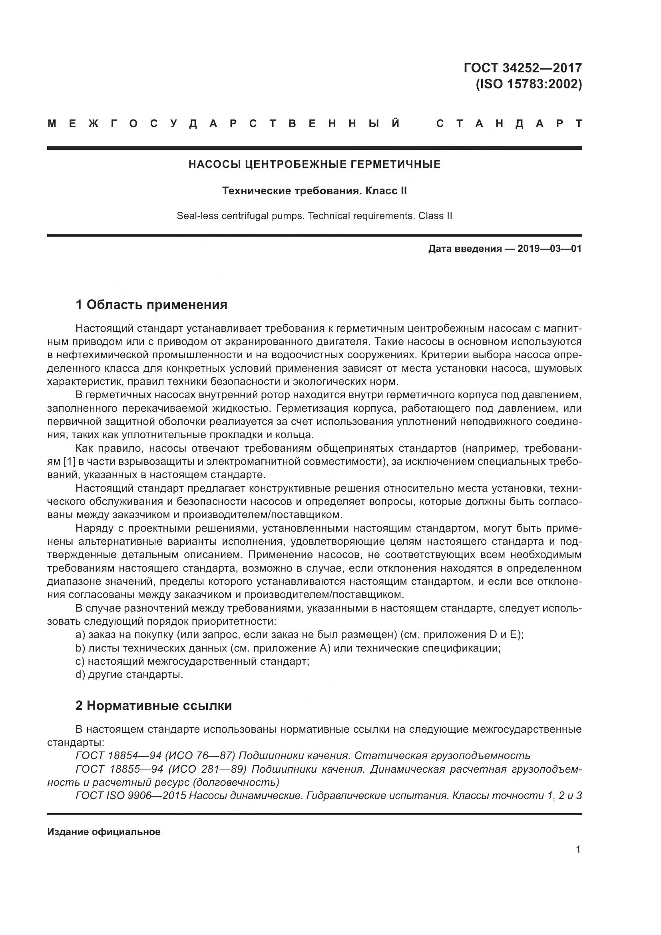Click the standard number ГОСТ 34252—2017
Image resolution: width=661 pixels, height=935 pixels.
[523, 68]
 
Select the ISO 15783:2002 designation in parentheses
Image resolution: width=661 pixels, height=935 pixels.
[529, 84]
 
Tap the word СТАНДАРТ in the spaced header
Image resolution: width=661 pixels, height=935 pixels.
[509, 124]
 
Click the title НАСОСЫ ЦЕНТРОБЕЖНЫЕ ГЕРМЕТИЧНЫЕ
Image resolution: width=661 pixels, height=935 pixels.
[314, 165]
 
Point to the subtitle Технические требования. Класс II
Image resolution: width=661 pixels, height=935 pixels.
[314, 191]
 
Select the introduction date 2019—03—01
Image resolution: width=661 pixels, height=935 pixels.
[549, 248]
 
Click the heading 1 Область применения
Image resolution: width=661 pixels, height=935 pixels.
[151, 305]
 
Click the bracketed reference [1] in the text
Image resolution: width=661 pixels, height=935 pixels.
[68, 461]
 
